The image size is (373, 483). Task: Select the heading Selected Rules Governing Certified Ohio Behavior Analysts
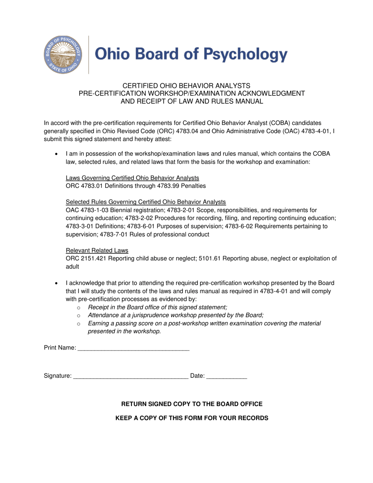(146, 202)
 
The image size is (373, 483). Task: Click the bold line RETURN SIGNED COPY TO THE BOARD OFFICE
(192, 404)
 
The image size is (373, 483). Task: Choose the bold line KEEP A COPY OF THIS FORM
(192, 418)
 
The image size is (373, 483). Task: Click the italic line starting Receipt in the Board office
(157, 307)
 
